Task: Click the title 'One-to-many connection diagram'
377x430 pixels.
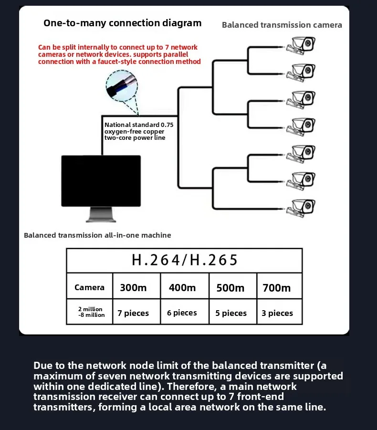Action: (122, 23)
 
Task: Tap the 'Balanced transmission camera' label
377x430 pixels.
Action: (282, 25)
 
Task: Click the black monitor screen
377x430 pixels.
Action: (101, 180)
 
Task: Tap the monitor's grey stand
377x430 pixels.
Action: (101, 215)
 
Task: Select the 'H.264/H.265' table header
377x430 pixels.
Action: (184, 260)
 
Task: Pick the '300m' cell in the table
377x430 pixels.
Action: (134, 287)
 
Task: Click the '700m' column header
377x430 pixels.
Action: (277, 287)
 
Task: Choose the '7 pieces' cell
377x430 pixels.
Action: (134, 313)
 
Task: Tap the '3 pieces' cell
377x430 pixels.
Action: (277, 313)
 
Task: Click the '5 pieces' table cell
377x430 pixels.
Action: (231, 313)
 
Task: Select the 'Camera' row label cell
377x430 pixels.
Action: (89, 287)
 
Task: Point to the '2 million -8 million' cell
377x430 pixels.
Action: (90, 312)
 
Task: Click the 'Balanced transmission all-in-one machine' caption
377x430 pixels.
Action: (97, 235)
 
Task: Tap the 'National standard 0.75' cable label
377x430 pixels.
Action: (139, 125)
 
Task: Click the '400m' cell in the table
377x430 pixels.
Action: (182, 287)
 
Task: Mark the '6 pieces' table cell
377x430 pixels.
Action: (182, 313)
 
